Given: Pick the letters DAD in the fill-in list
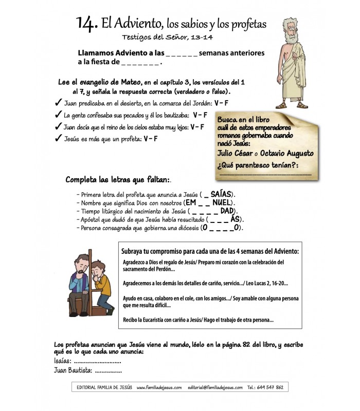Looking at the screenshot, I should (x=228, y=211).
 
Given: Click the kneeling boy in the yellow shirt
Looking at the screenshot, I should (x=103, y=285).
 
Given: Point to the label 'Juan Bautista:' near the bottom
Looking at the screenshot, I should (x=73, y=370).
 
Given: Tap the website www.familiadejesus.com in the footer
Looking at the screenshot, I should (x=159, y=387).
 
